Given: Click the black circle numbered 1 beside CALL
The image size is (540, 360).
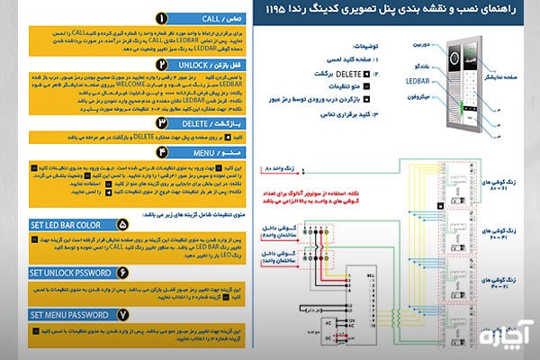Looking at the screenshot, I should click(x=159, y=18).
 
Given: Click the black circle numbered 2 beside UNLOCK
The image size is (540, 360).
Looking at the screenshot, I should click(x=160, y=67).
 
